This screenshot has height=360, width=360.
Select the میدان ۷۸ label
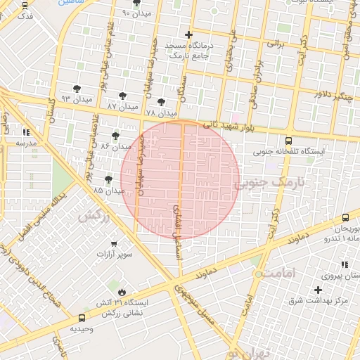pyautogui.click(x=161, y=113)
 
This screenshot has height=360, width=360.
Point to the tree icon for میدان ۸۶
pyautogui.click(x=115, y=135)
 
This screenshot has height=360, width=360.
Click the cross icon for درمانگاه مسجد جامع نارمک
pyautogui.click(x=188, y=34)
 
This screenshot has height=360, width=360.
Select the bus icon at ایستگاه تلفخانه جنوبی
pyautogui.click(x=290, y=141)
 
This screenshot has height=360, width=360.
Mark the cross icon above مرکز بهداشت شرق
pyautogui.click(x=318, y=290)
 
